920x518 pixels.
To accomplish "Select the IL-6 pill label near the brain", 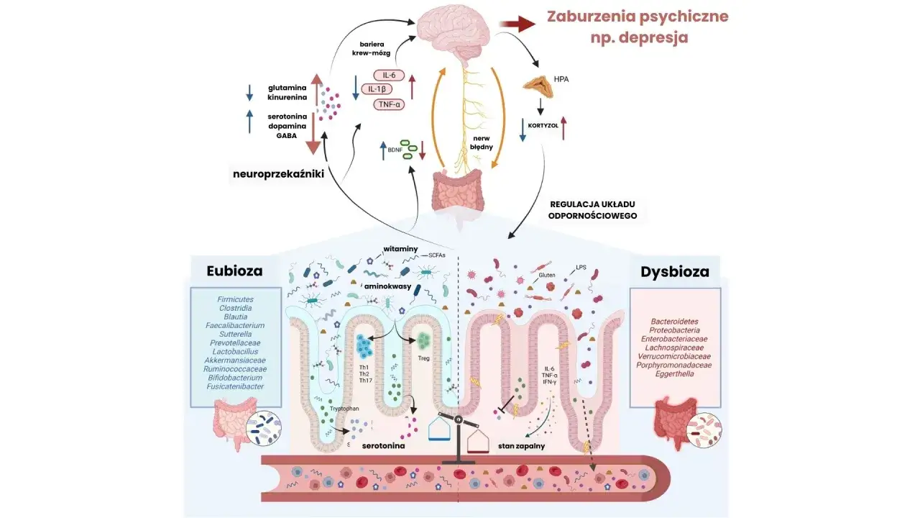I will point(389,75).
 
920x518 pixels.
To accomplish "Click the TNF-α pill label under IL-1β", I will point(389,104).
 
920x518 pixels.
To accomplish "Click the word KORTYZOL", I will point(543,124).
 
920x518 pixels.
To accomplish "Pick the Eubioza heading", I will point(234,271).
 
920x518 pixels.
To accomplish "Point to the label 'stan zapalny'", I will point(521,446).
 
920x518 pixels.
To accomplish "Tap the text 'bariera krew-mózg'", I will point(374,47).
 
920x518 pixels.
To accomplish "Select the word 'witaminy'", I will point(400,248).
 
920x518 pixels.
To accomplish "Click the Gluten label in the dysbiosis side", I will point(548,275).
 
